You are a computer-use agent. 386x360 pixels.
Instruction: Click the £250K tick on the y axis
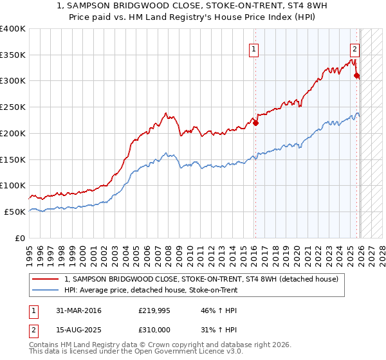(x=13, y=107)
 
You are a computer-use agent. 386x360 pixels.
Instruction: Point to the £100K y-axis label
(x=13, y=186)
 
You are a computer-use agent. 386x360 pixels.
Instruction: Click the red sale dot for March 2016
(x=255, y=123)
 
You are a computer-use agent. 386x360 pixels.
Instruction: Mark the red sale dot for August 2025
(x=357, y=76)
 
